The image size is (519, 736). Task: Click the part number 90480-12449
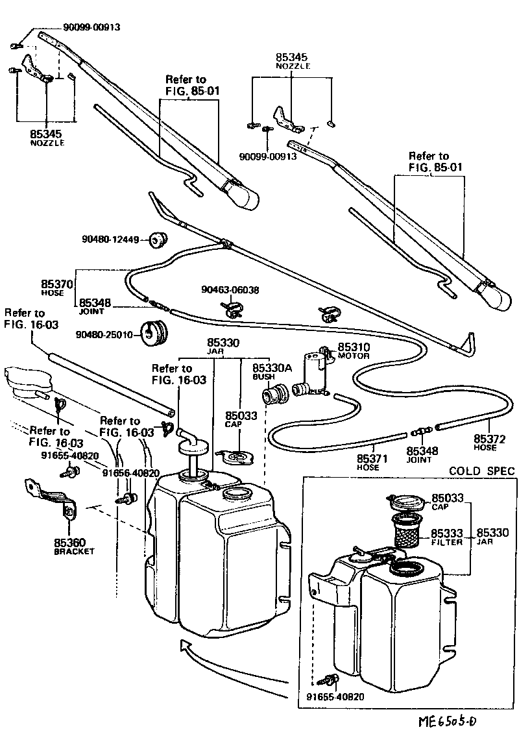(x=110, y=239)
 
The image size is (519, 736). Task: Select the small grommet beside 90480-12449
(x=156, y=240)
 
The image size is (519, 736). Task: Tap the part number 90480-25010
(x=104, y=335)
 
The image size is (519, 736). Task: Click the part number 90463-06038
(x=230, y=290)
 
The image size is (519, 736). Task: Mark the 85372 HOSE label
(x=485, y=443)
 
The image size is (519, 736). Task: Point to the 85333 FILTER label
(x=446, y=536)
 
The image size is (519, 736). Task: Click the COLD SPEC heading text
(x=481, y=471)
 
